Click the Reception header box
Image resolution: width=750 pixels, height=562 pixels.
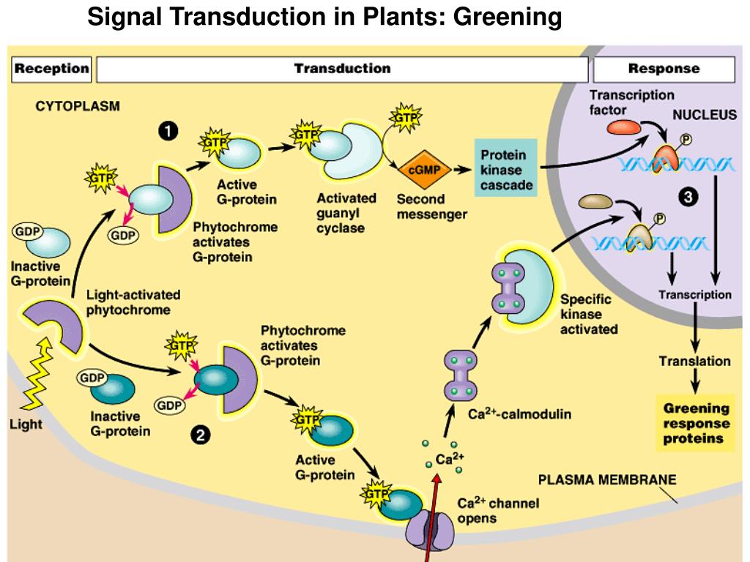51,70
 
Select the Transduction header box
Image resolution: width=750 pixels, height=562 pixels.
342,70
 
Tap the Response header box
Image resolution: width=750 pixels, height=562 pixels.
664,70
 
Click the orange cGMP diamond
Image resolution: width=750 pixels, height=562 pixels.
415,170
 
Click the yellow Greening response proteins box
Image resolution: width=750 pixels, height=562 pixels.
696,424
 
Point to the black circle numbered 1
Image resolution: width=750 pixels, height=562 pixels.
168,131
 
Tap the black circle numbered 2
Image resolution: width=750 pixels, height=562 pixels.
198,437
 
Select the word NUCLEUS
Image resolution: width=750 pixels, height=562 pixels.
705,115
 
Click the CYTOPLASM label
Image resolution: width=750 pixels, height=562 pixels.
78,106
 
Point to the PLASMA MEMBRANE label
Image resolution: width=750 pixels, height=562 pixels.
607,480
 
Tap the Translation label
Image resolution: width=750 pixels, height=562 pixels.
694,361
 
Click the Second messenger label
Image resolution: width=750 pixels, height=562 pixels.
431,206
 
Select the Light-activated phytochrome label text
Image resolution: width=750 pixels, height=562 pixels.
133,301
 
